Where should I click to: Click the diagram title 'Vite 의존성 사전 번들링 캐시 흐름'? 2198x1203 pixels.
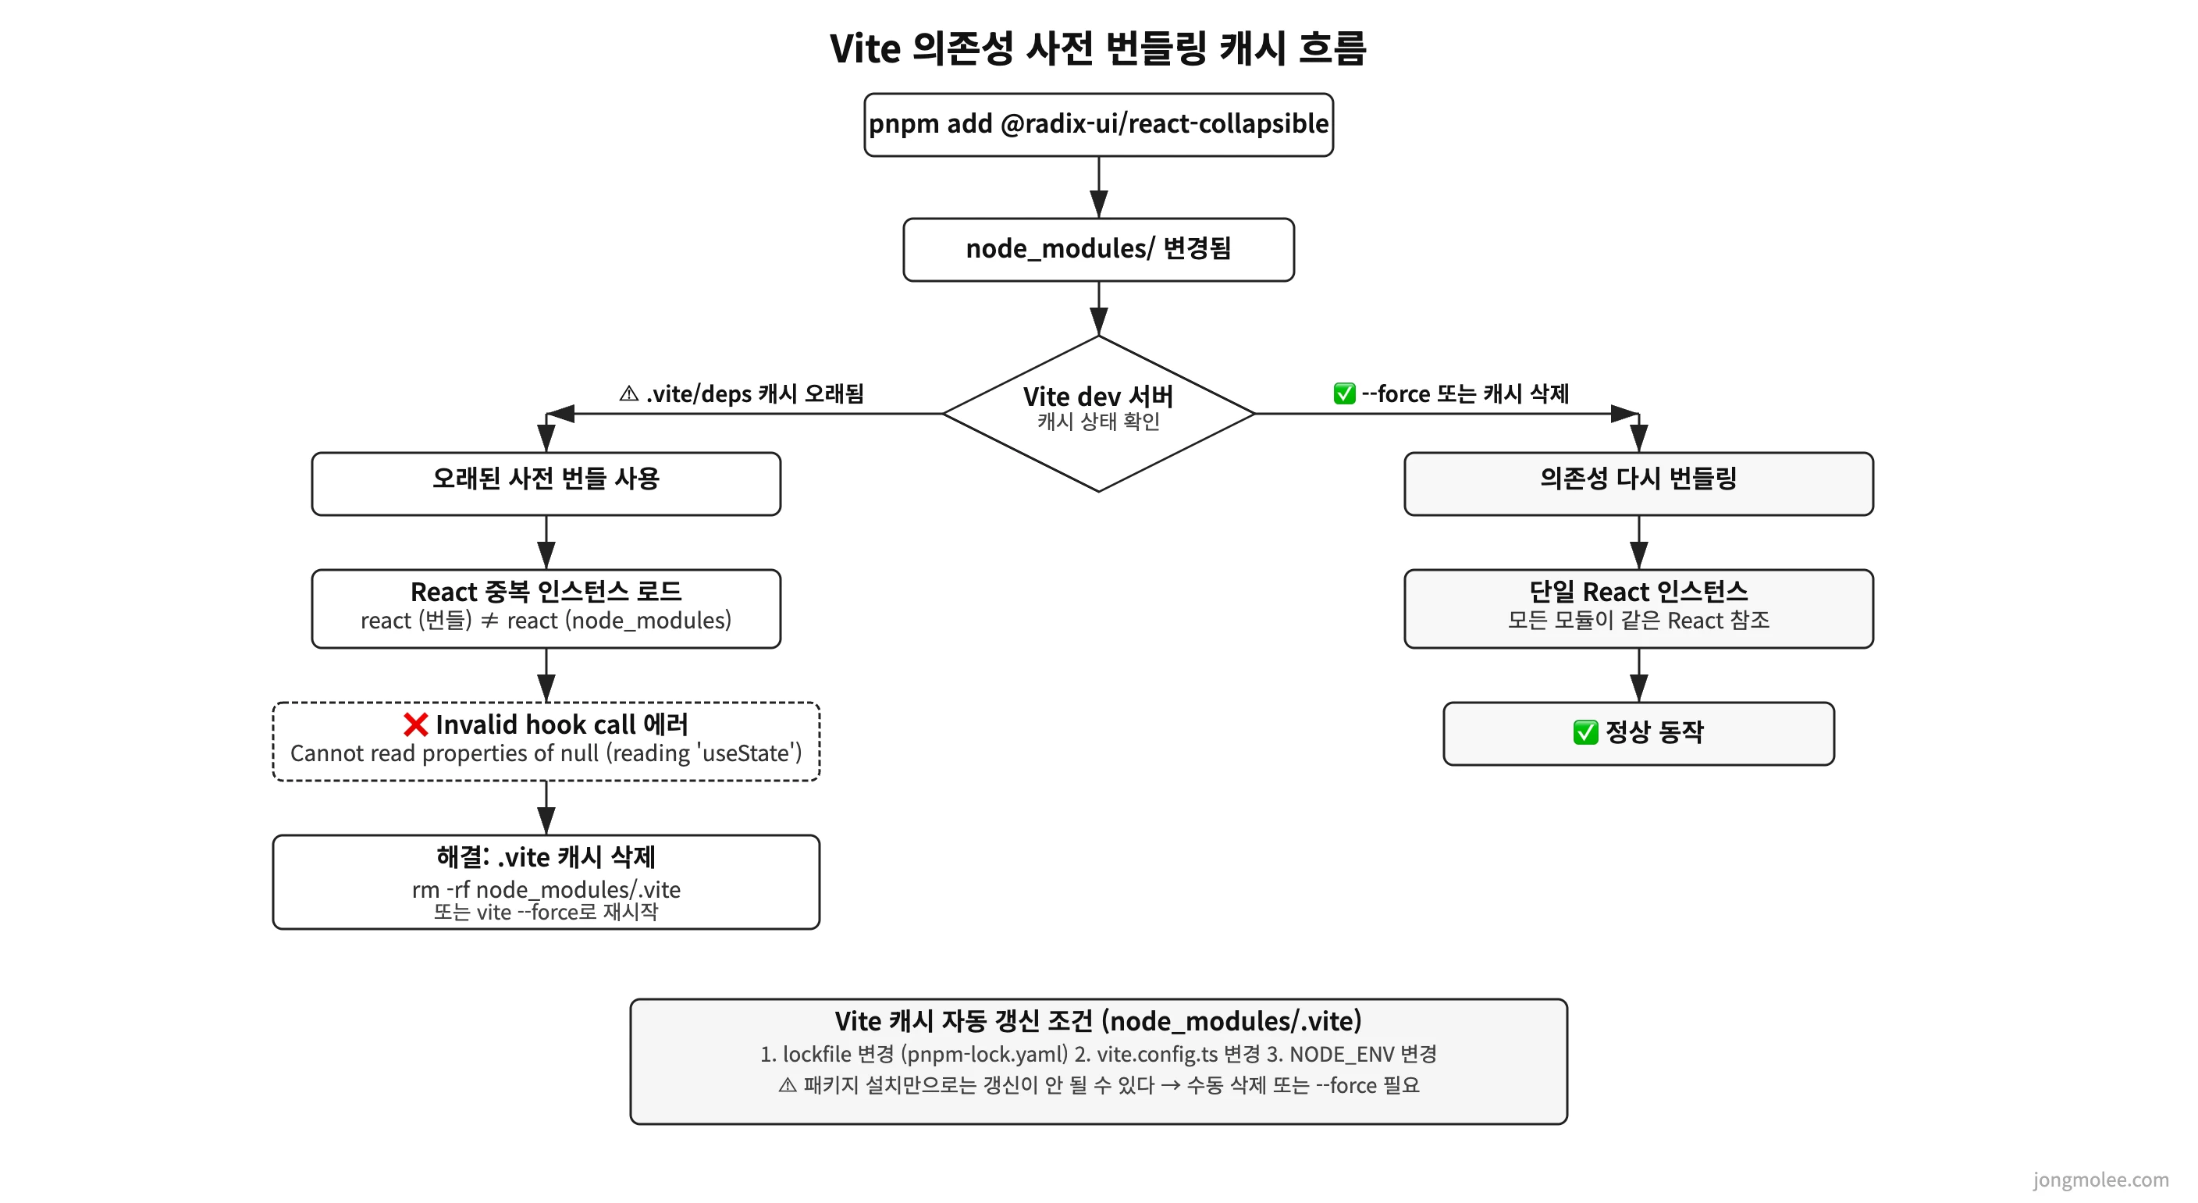point(1098,48)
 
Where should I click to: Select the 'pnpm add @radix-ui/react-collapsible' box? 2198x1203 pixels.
point(1098,125)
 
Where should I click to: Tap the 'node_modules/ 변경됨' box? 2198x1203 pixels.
point(1098,249)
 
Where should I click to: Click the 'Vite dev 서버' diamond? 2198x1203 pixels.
point(1098,413)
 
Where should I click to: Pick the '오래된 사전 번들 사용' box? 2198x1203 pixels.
point(546,484)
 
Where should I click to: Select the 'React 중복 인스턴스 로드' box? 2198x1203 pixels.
point(546,608)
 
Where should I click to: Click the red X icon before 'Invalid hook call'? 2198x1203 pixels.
point(415,725)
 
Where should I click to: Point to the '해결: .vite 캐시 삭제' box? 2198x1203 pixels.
point(546,881)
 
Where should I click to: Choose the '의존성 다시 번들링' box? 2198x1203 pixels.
point(1638,484)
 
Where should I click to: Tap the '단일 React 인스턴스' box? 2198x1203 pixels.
point(1638,608)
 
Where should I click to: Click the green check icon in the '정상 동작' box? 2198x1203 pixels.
point(1585,732)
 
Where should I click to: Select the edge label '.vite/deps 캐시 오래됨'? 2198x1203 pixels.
point(754,394)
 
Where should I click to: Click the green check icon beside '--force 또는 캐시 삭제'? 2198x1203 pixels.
point(1344,394)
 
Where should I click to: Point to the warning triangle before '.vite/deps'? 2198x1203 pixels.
point(629,394)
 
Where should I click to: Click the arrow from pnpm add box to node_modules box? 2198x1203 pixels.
point(1098,187)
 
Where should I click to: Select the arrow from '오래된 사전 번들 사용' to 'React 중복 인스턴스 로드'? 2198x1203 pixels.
point(546,543)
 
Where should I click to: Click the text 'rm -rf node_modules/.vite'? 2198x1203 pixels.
point(546,890)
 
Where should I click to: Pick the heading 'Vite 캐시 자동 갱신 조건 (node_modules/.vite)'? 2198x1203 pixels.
point(1098,1021)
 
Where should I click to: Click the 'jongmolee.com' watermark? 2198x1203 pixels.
point(2100,1180)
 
